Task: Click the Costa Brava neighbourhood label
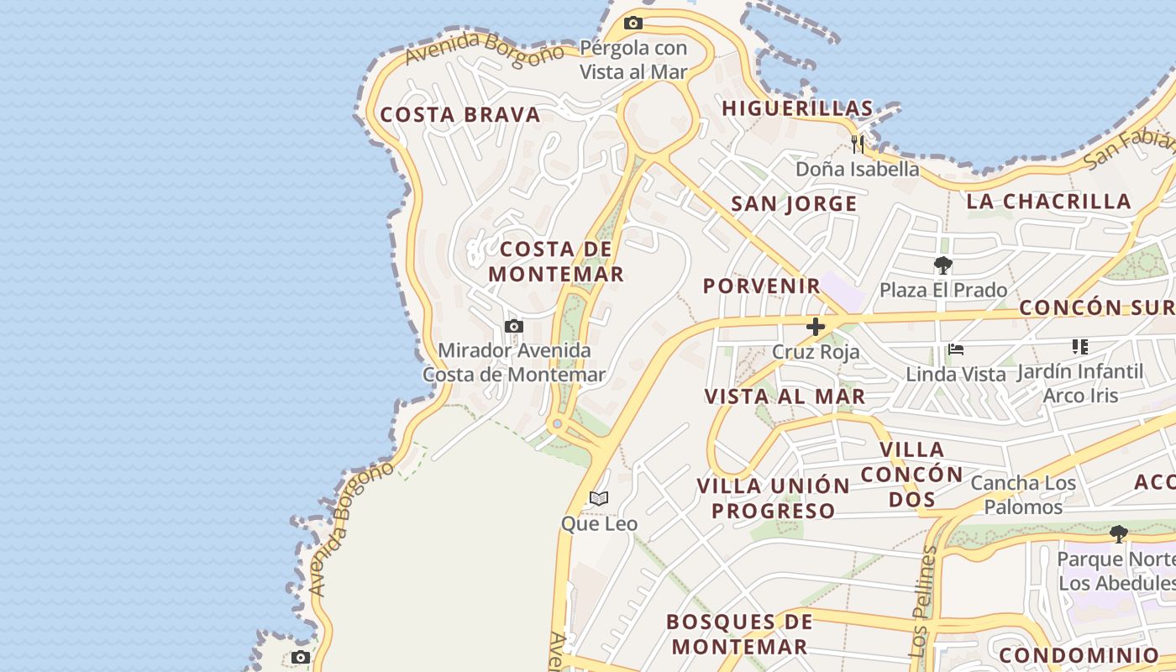pos(460,115)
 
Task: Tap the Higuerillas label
pos(797,108)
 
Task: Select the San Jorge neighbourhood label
pos(794,204)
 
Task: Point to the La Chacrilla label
pos(1048,201)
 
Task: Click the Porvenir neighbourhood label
pos(761,286)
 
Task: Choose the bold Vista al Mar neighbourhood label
pos(785,396)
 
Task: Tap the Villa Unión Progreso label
pos(774,498)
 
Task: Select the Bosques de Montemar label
pos(738,634)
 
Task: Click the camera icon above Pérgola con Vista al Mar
pos(633,24)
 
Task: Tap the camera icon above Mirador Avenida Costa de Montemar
pos(514,326)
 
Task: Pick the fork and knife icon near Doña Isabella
pos(857,144)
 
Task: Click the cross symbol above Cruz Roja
pos(815,327)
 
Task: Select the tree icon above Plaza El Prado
pos(942,266)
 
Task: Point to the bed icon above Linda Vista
pos(955,349)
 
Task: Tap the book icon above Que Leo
pos(598,499)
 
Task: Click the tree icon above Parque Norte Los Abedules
pos(1118,533)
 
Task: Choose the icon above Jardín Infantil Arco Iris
pos(1079,347)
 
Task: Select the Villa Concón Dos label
pos(912,474)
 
